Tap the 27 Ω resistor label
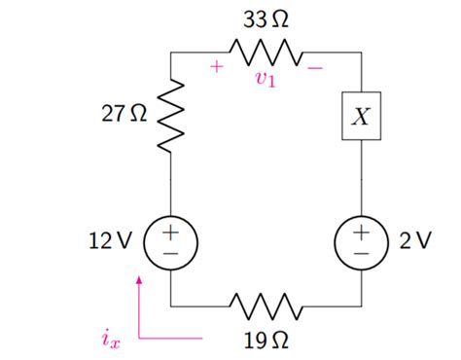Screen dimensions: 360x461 [x=124, y=115]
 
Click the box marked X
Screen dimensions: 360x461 [x=361, y=117]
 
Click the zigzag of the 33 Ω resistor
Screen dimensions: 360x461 [x=266, y=51]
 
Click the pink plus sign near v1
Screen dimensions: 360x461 [x=216, y=67]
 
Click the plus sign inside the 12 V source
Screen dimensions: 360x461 [x=170, y=232]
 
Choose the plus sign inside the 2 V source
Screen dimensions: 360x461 [x=361, y=232]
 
